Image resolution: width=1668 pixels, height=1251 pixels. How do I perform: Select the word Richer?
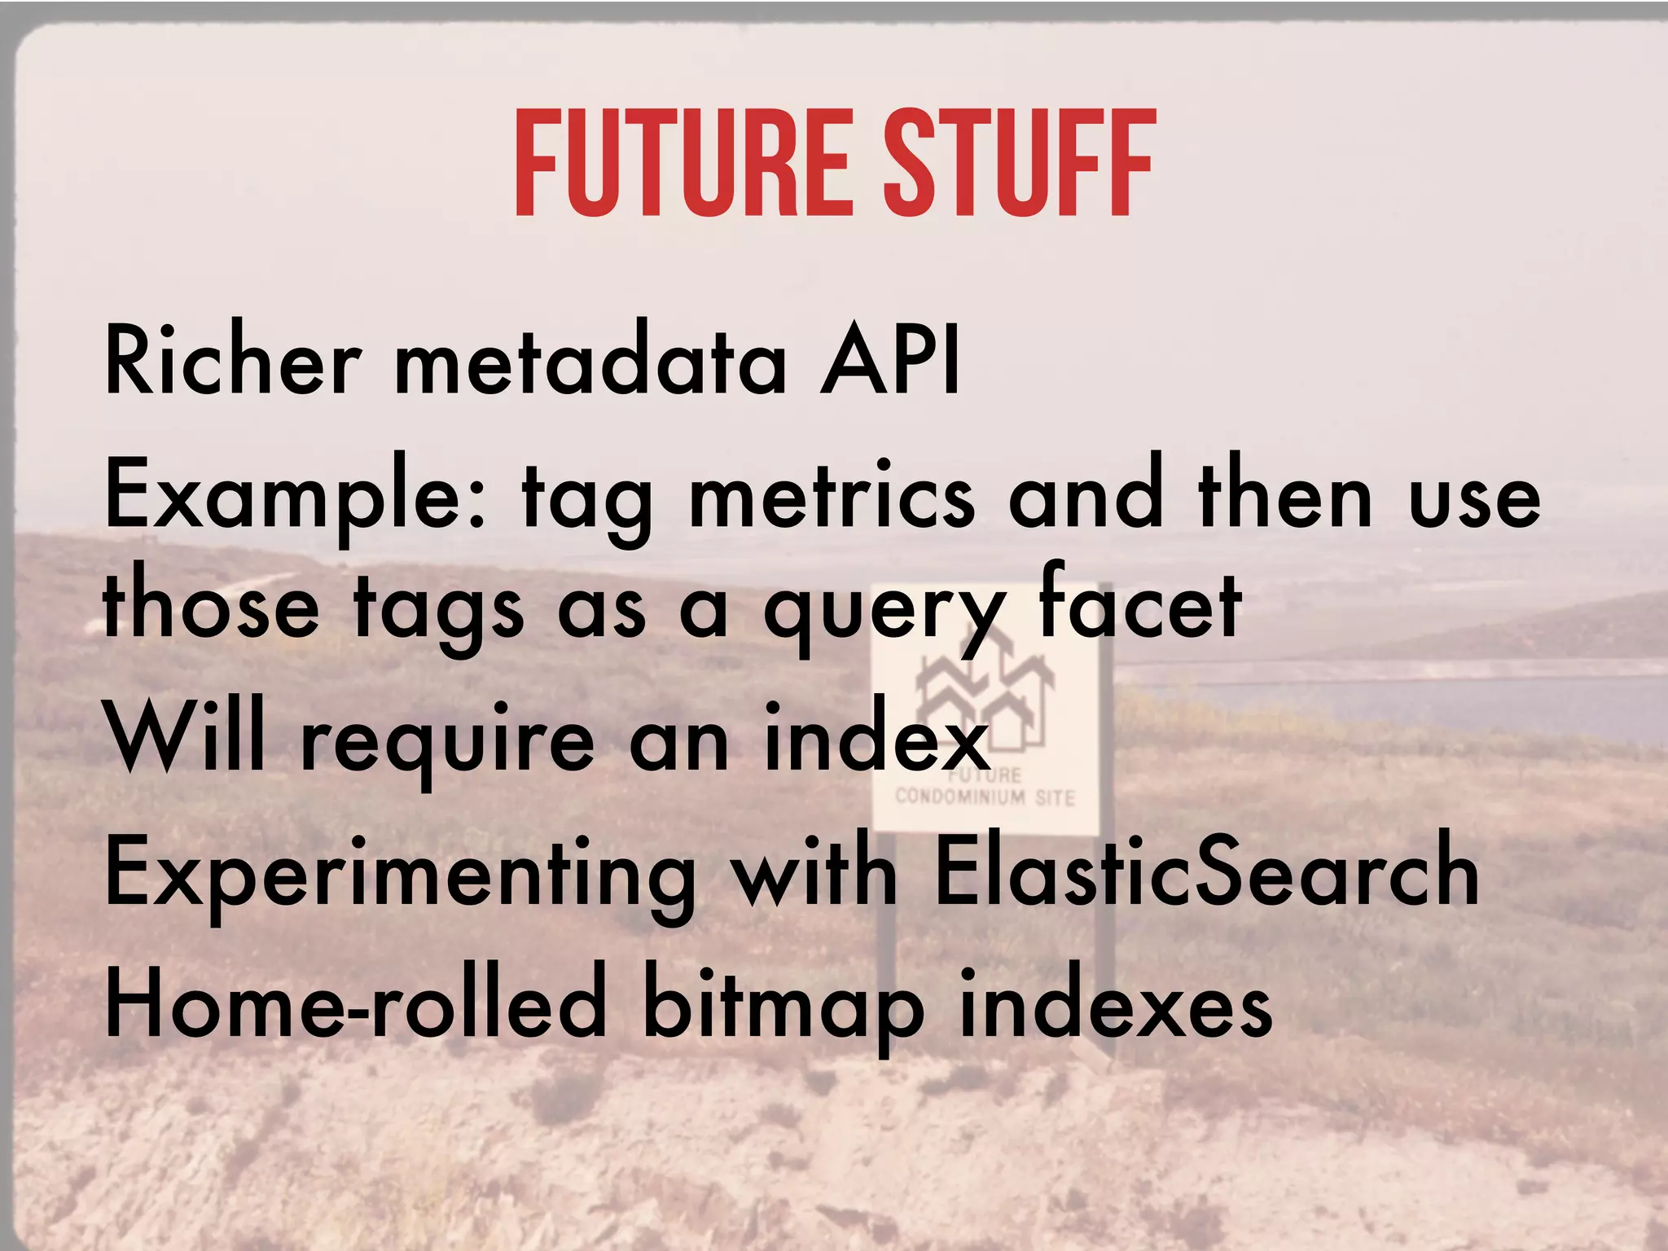click(233, 360)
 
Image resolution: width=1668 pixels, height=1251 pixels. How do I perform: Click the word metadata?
click(591, 360)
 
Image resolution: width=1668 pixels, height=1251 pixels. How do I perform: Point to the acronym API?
click(890, 360)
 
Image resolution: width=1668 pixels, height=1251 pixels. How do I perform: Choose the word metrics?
click(832, 497)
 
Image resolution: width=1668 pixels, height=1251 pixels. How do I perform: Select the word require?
click(448, 743)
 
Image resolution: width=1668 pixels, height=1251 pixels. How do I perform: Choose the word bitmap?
click(783, 1008)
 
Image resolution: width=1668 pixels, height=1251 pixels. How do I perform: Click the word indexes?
click(1116, 1003)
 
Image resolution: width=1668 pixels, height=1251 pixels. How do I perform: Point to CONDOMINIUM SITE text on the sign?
click(985, 797)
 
